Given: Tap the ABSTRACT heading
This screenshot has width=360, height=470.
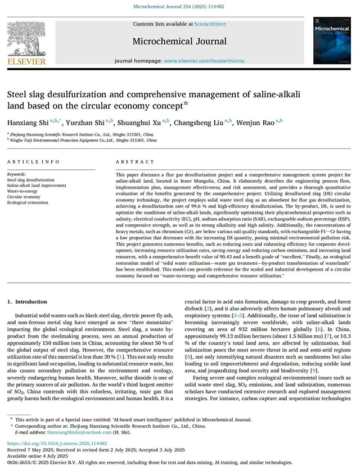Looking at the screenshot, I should pos(130,161).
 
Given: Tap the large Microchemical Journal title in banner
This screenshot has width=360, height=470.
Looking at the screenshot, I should pos(180,40).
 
